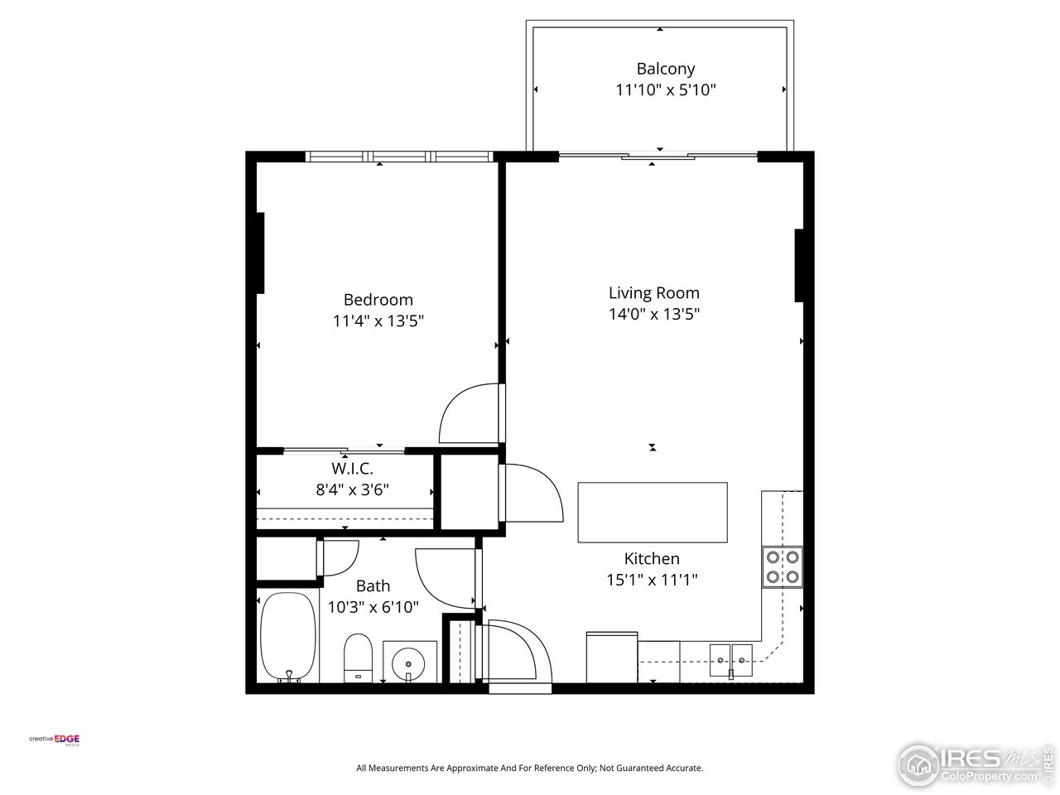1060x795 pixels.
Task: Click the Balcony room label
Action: [665, 69]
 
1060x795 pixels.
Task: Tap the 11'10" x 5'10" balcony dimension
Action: [665, 90]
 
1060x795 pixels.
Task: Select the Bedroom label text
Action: [378, 300]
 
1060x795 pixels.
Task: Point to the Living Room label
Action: [653, 292]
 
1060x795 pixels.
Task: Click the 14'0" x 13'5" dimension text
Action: [653, 314]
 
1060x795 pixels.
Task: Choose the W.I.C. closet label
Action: [352, 468]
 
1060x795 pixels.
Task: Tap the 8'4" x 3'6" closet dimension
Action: [352, 489]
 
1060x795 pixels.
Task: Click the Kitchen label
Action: [652, 559]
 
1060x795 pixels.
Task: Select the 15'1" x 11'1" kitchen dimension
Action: [652, 580]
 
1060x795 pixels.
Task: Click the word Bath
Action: [373, 586]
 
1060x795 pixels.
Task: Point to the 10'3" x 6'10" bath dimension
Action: [373, 607]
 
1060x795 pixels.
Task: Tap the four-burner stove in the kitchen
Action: [783, 566]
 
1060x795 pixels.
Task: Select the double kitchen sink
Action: [731, 659]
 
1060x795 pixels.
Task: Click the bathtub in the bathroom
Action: [287, 636]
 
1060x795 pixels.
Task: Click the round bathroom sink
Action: [410, 662]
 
